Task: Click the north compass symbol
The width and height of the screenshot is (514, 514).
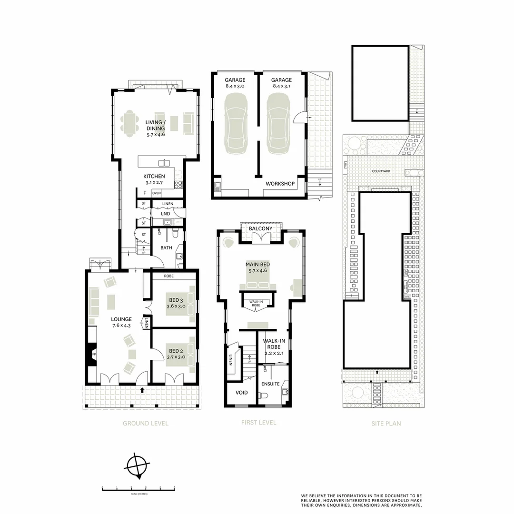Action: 138,465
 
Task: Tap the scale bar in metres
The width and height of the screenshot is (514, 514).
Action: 138,488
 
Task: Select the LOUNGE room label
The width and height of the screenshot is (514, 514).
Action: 121,319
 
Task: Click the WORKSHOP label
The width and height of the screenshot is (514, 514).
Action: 280,183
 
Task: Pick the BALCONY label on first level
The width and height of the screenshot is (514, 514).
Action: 261,228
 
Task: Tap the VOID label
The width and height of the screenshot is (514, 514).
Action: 242,393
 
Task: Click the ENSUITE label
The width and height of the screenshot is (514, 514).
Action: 270,384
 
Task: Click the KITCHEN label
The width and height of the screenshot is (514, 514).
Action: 154,177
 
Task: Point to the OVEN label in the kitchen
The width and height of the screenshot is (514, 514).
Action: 157,193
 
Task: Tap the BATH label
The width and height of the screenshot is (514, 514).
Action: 166,247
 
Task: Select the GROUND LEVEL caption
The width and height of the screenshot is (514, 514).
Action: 146,423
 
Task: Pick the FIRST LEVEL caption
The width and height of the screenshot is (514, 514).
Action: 258,422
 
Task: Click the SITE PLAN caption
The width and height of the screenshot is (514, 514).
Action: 385,423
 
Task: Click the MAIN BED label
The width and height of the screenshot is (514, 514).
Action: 257,264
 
